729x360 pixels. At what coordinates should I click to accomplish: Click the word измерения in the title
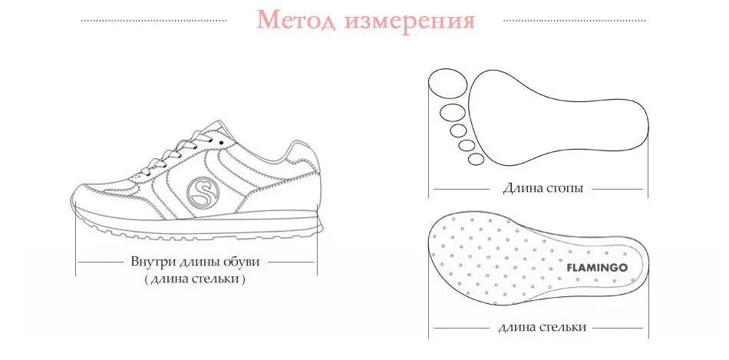(410, 21)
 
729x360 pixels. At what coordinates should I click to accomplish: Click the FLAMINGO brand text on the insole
(597, 267)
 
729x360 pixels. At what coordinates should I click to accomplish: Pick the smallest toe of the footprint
(476, 159)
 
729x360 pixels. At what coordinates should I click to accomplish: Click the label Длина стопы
(543, 188)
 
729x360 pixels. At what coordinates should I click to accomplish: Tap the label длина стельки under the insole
(542, 327)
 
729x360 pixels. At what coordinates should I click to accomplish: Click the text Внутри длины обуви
(195, 262)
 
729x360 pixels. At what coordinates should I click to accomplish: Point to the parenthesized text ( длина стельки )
(194, 279)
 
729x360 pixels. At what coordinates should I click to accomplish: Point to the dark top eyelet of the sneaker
(221, 141)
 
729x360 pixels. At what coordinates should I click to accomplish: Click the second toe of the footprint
(453, 113)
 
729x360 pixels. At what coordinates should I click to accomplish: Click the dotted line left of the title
(154, 21)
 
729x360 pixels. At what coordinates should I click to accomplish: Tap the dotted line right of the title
(575, 21)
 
